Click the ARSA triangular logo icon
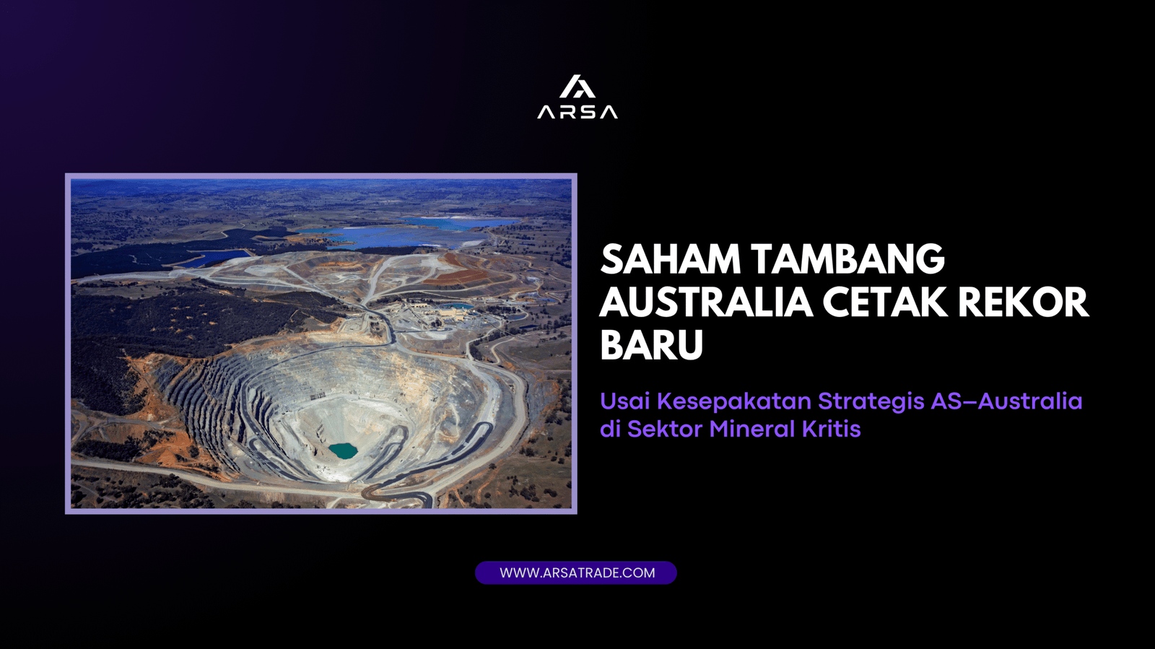coord(577,87)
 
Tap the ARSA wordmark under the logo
coord(577,112)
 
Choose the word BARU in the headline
coord(651,345)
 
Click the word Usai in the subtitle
coord(625,401)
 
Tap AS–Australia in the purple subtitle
coord(1006,401)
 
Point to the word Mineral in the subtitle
coord(755,429)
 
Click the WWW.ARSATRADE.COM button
coord(576,572)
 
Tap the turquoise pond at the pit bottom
coord(343,451)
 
